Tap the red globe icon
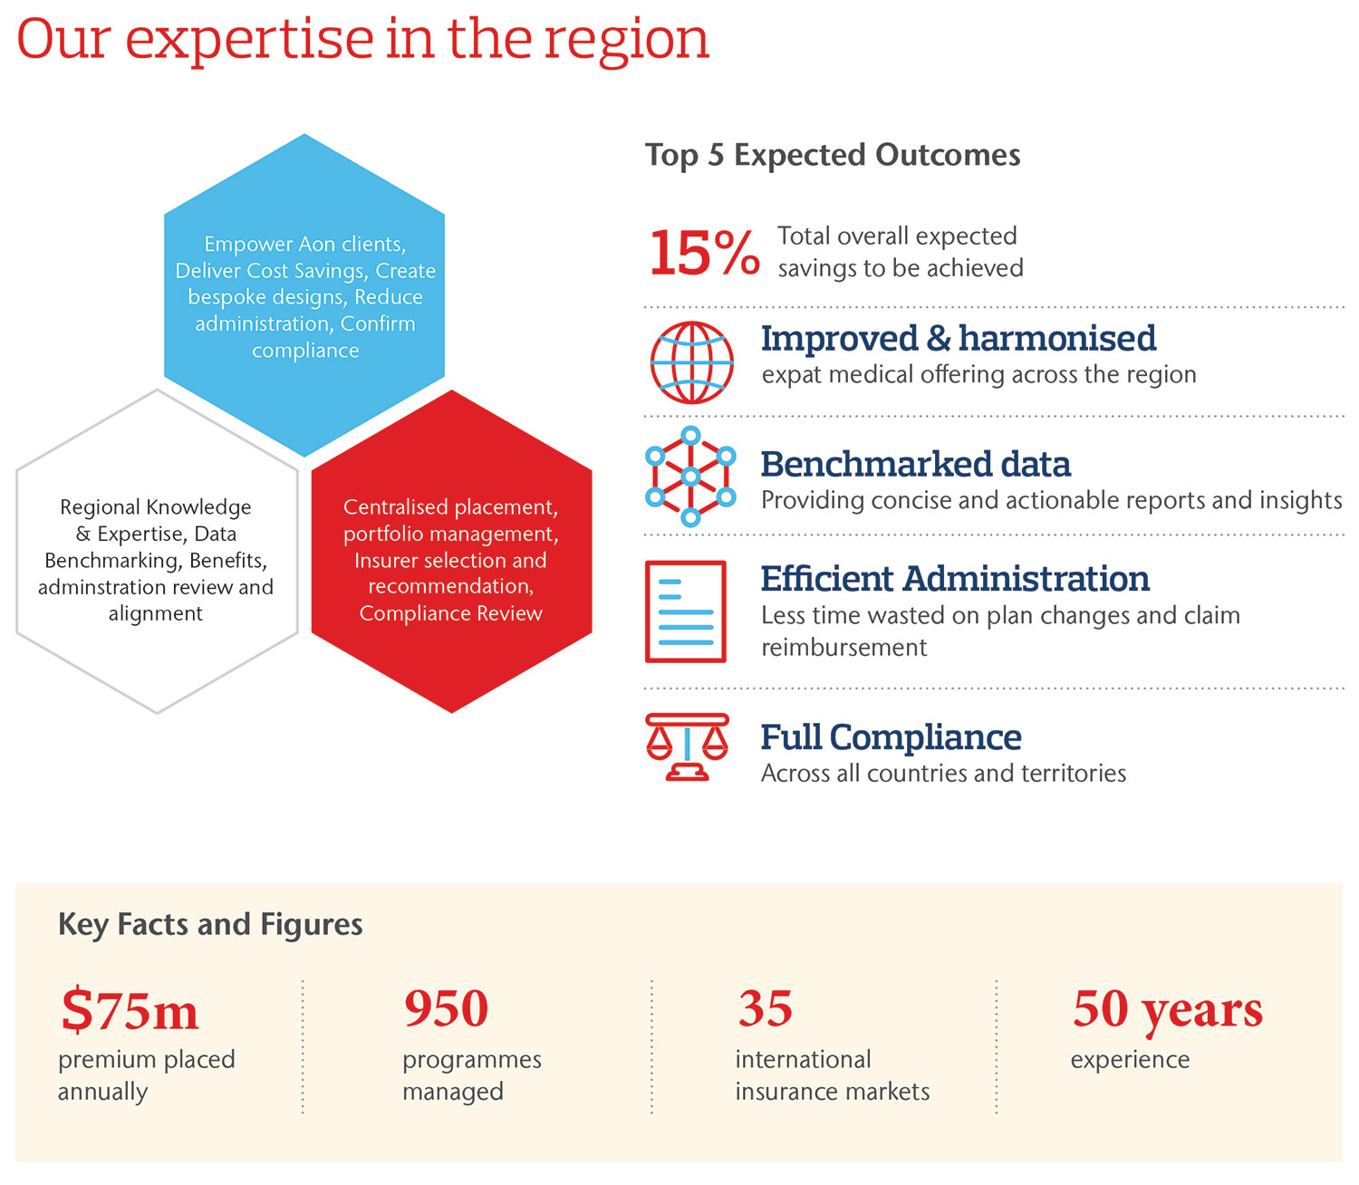(x=691, y=362)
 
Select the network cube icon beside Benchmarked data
(x=690, y=477)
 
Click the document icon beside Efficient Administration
(x=686, y=612)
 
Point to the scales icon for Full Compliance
(x=687, y=747)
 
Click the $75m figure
(x=130, y=1010)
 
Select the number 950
(x=446, y=1008)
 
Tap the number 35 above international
(x=765, y=1008)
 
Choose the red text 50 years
(x=1167, y=1010)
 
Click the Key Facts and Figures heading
(x=210, y=924)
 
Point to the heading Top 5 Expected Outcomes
(x=833, y=155)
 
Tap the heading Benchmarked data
(x=915, y=464)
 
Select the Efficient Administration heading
(x=955, y=578)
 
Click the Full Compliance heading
(x=891, y=737)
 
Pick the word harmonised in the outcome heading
(x=1057, y=338)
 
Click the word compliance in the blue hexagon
(x=305, y=351)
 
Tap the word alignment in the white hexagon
(x=156, y=613)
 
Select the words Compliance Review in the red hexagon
(x=450, y=613)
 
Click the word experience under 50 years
(x=1130, y=1059)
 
